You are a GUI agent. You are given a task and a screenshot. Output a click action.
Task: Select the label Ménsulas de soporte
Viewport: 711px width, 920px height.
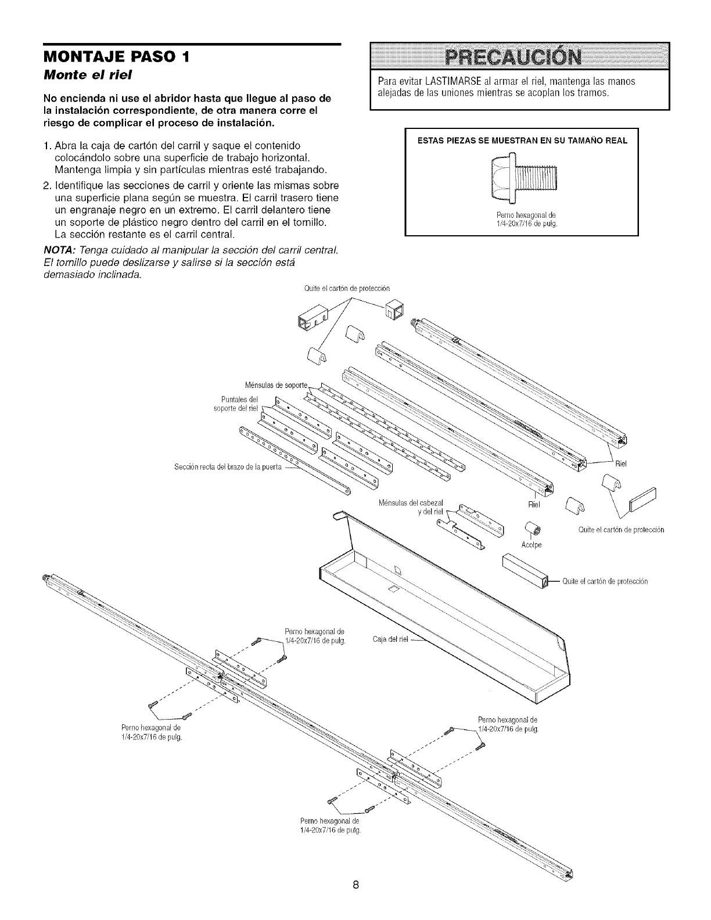[279, 385]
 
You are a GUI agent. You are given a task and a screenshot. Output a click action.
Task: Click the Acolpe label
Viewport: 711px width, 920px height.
[531, 545]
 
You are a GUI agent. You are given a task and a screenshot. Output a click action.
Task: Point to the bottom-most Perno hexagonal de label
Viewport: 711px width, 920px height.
[331, 826]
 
